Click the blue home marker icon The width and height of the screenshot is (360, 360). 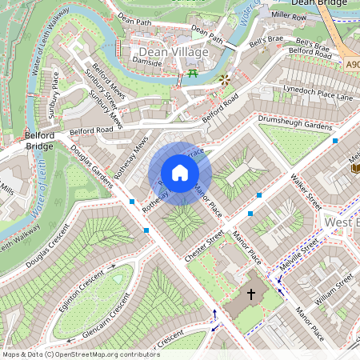(x=180, y=173)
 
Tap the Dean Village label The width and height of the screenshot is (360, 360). (x=168, y=52)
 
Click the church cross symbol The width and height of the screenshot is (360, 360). (x=250, y=294)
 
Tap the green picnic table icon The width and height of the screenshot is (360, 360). (x=193, y=75)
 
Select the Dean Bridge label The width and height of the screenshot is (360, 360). (x=319, y=3)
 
